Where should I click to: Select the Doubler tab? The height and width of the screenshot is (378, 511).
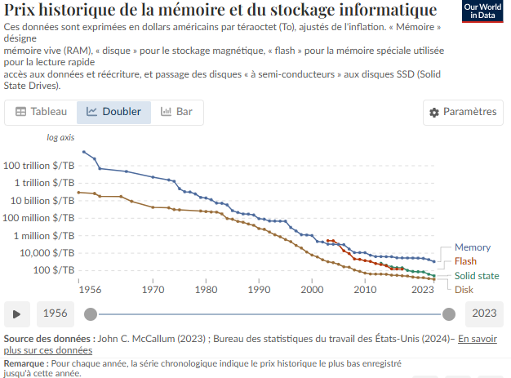[113, 112]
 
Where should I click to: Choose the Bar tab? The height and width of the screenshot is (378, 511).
[177, 112]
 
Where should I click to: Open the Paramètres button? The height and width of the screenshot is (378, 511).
[463, 112]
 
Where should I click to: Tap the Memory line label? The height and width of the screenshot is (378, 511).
[472, 247]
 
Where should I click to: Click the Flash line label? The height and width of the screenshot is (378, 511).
[465, 261]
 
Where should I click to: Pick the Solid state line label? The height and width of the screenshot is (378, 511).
[477, 276]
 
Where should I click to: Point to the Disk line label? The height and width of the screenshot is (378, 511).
[464, 289]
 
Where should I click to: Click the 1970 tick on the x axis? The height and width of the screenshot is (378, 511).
[153, 289]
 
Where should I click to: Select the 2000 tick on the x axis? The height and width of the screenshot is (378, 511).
[312, 289]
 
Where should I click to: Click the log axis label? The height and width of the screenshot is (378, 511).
[60, 138]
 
